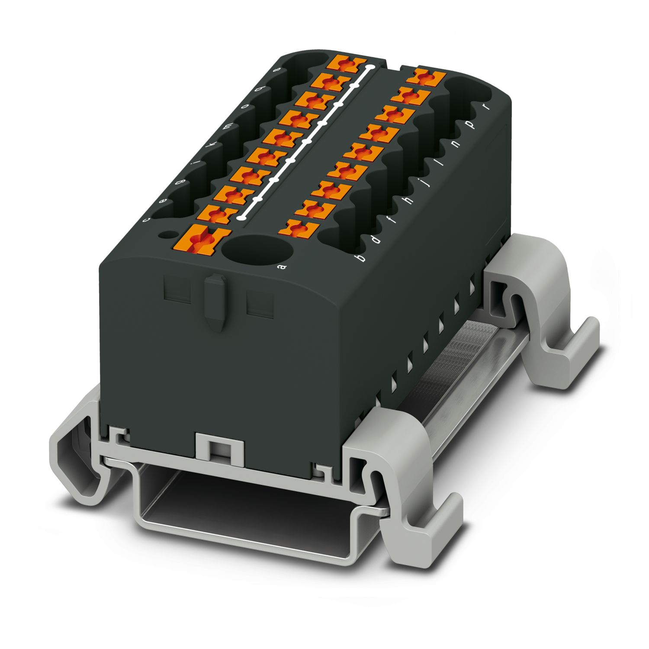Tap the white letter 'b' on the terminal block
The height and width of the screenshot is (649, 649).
(x=359, y=258)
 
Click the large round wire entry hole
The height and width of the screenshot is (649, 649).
(x=258, y=250)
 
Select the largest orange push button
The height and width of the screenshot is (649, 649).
(x=202, y=239)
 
